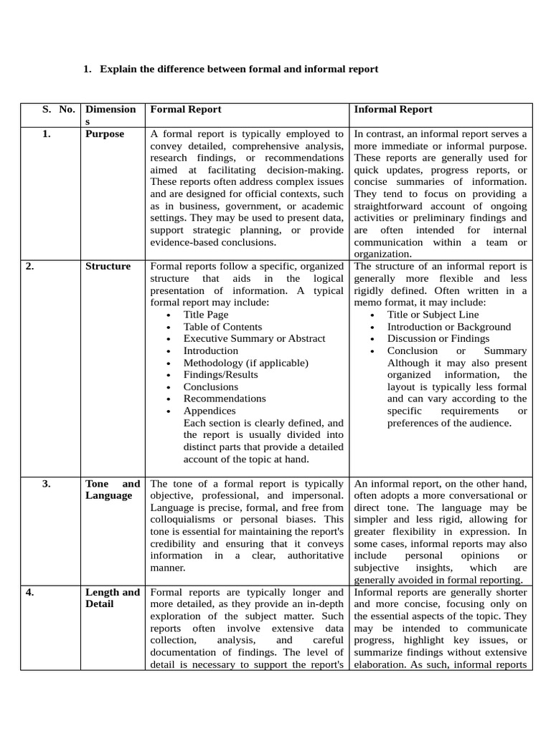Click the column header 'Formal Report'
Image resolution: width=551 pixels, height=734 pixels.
click(x=185, y=110)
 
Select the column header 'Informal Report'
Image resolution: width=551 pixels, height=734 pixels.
click(x=393, y=110)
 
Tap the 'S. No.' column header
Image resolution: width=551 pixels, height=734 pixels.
click(x=58, y=110)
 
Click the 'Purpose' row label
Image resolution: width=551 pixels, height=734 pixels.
click(x=105, y=134)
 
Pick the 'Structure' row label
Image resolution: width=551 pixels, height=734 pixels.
click(x=108, y=267)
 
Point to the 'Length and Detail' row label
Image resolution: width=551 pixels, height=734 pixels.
click(x=113, y=598)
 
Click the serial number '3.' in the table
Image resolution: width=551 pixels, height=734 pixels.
click(x=46, y=484)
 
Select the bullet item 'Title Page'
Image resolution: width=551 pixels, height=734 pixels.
click(x=206, y=315)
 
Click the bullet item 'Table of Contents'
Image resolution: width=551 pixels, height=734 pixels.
click(x=222, y=327)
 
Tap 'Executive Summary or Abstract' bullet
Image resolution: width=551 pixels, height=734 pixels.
click(x=254, y=338)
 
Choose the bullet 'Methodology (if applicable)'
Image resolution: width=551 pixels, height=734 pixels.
click(x=245, y=363)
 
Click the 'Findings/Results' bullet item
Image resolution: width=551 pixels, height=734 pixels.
click(x=220, y=375)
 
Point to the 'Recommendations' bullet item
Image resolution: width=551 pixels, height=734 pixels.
click(x=225, y=399)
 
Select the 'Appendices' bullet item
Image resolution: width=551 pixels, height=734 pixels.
click(x=209, y=411)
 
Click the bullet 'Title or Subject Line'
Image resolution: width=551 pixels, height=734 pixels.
click(x=433, y=315)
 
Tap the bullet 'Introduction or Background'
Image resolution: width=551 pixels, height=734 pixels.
click(x=449, y=327)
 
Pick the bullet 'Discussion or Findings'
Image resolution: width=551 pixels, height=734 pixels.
click(x=438, y=338)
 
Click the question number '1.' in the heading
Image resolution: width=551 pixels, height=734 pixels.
click(x=88, y=70)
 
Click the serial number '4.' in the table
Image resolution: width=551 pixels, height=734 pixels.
click(x=30, y=593)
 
